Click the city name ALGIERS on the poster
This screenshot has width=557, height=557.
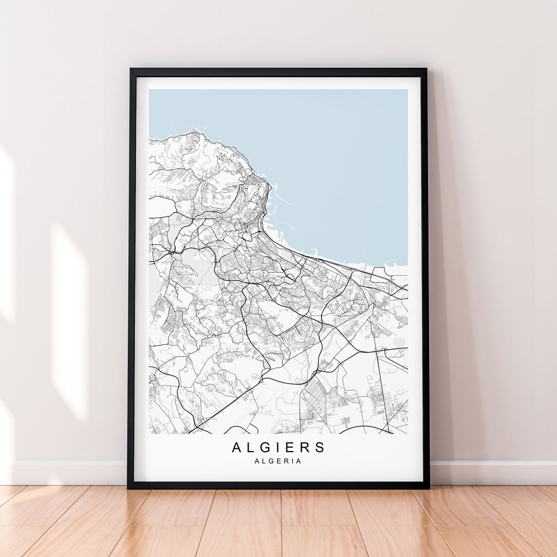click(278, 448)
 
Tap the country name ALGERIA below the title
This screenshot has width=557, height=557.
click(278, 461)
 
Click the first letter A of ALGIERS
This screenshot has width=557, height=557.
click(237, 448)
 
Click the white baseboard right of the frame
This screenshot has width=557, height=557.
click(490, 472)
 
